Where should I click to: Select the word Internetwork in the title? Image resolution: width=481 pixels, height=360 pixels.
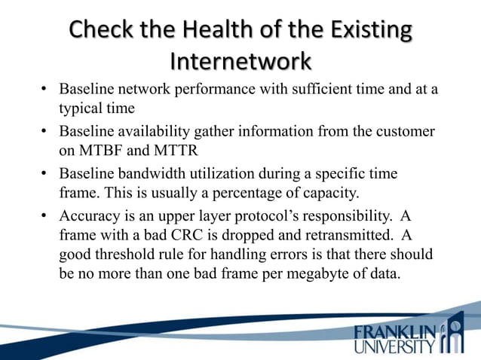[x=240, y=59]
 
